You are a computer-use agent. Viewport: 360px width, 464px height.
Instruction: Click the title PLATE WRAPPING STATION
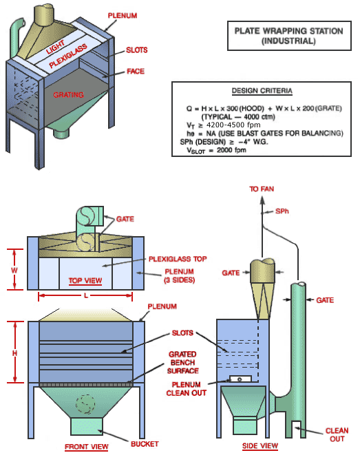pos(275,31)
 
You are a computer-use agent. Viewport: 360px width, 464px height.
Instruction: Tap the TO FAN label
pos(262,188)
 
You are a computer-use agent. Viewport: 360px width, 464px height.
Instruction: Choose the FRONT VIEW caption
pos(87,447)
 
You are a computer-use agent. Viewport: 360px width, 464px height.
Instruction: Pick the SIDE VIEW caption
pos(260,446)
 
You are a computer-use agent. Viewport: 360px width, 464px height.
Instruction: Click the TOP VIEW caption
pos(85,281)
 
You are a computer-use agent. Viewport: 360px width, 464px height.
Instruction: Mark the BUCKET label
pos(145,443)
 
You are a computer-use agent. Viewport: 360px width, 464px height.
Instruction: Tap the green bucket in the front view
pos(86,425)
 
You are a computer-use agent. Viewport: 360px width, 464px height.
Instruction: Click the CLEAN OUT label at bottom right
pos(337,435)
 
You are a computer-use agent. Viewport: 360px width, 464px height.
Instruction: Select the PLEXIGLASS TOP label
pos(178,260)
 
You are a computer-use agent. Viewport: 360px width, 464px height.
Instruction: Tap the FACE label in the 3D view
pos(135,71)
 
